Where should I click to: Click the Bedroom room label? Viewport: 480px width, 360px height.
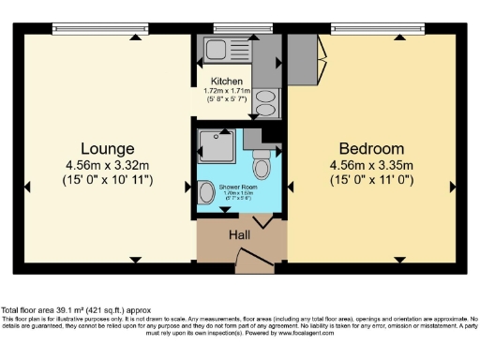371,148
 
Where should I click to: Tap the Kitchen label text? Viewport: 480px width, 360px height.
229,82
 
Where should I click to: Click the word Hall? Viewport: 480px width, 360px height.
239,235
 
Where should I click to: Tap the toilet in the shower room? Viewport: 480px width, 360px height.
262,164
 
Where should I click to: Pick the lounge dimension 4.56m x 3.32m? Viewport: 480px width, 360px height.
107,166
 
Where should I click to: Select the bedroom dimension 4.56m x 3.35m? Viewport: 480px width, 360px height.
371,166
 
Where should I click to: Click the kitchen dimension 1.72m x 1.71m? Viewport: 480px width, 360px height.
229,91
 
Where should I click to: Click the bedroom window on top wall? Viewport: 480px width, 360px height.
372,27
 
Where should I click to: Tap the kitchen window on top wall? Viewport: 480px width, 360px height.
232,27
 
